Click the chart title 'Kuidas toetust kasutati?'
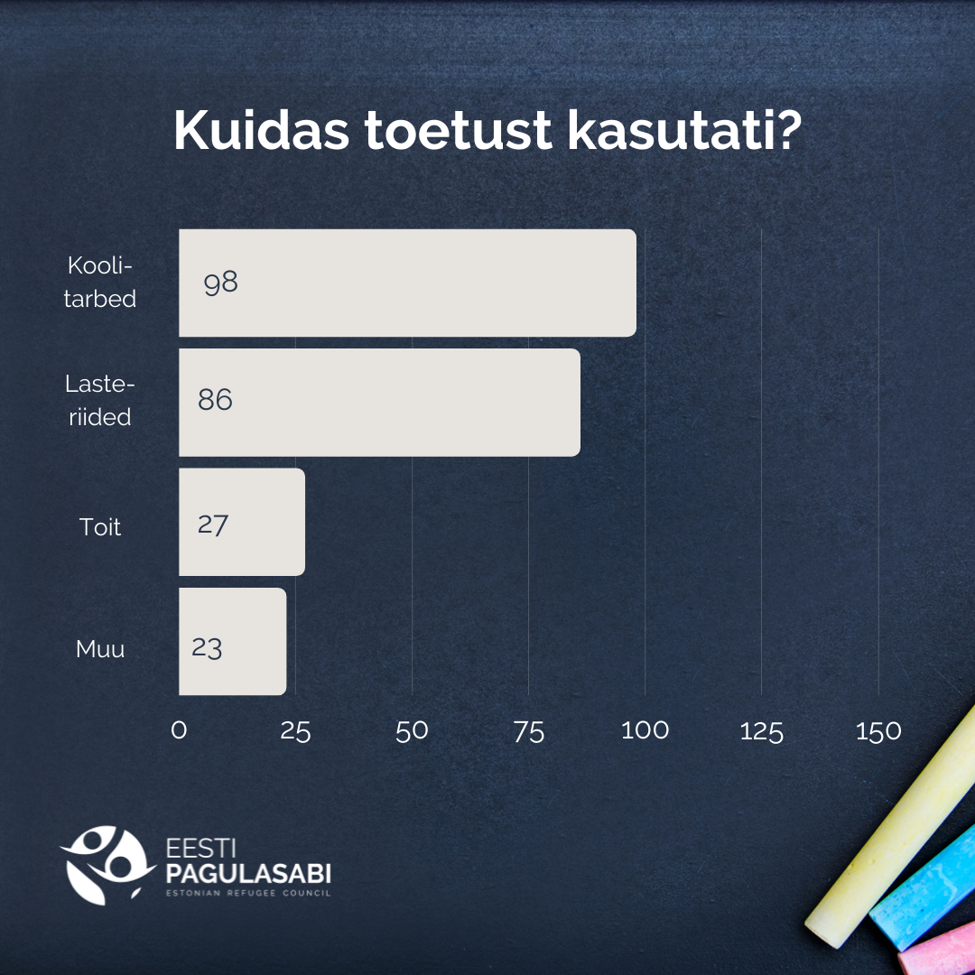click(487, 131)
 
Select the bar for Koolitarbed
click(407, 283)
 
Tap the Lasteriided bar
click(379, 403)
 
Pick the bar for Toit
click(242, 522)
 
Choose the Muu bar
click(233, 641)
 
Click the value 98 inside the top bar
click(221, 283)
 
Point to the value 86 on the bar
click(215, 400)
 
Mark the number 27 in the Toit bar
click(213, 525)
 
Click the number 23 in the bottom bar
click(207, 648)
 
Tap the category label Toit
click(99, 527)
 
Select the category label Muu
click(100, 649)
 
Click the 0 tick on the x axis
click(179, 730)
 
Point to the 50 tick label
click(412, 731)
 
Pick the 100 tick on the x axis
click(645, 730)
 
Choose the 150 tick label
click(878, 731)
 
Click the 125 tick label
click(762, 732)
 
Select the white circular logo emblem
click(107, 865)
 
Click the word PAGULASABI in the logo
click(248, 874)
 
